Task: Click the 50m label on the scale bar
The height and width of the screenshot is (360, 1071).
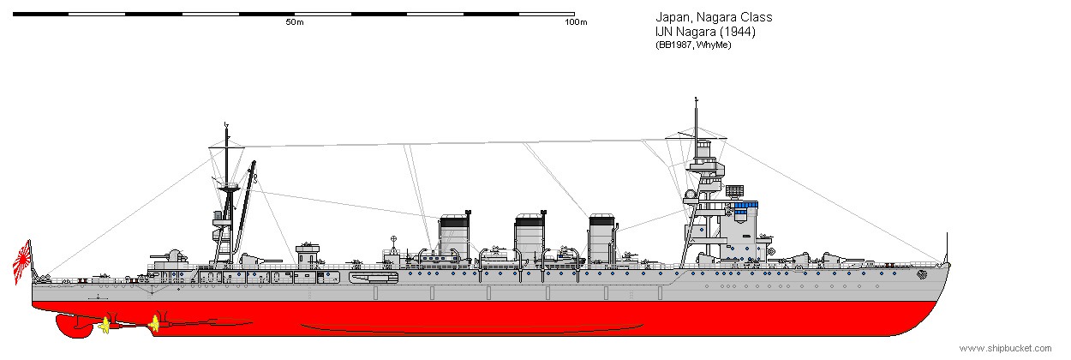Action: tap(295, 22)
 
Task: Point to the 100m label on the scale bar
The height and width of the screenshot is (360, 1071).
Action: tap(576, 22)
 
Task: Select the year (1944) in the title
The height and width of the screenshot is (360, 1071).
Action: tap(737, 32)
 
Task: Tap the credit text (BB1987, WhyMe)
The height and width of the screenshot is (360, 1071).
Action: tap(693, 45)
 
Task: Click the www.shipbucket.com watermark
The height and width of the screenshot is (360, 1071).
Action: tap(1006, 348)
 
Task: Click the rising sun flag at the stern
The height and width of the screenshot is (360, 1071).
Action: tap(22, 262)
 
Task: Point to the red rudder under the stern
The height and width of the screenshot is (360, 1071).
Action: tap(73, 326)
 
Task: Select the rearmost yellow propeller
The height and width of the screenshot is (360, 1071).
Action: tap(104, 326)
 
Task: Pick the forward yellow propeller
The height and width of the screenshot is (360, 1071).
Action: tap(154, 323)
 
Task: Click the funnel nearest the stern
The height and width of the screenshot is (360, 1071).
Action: tap(454, 237)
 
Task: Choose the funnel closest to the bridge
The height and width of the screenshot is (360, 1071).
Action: tap(602, 238)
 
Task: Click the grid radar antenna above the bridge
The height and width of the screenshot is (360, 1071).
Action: tap(734, 191)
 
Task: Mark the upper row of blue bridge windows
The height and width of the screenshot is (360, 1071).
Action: tap(746, 205)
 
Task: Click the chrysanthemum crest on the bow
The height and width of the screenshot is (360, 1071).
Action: tap(921, 274)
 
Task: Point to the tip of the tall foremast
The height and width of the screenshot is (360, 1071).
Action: tap(696, 99)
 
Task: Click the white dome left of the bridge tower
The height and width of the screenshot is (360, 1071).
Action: tap(690, 194)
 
